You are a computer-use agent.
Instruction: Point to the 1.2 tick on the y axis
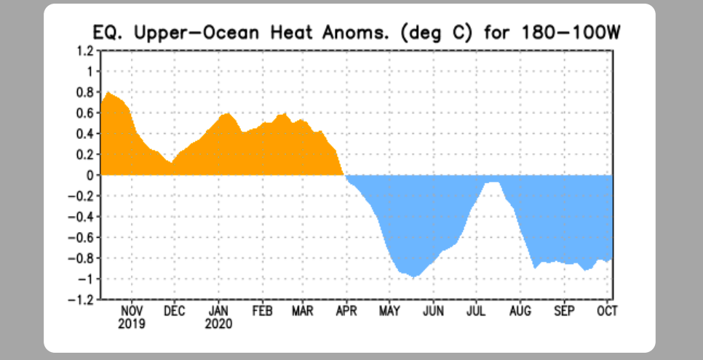pyautogui.click(x=86, y=51)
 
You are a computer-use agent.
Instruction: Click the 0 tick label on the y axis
pyautogui.click(x=90, y=175)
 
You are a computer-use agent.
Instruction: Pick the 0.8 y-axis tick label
pyautogui.click(x=86, y=92)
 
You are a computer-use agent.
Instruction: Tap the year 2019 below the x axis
pyautogui.click(x=132, y=323)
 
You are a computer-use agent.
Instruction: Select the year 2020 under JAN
pyautogui.click(x=219, y=323)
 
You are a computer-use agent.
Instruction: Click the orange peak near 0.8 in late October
pyautogui.click(x=108, y=92)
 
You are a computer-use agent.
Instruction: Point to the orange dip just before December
pyautogui.click(x=170, y=162)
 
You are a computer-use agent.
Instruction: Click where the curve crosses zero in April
pyautogui.click(x=344, y=175)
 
